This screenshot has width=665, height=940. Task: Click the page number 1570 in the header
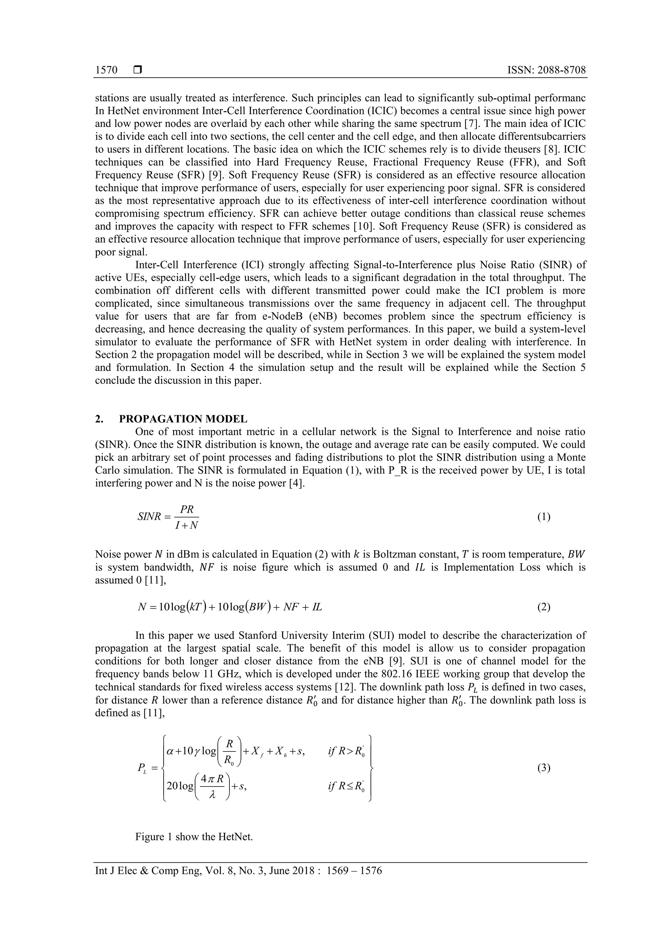[x=106, y=70]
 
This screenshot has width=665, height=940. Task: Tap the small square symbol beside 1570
[x=138, y=70]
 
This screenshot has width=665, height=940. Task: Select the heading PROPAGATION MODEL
[x=183, y=419]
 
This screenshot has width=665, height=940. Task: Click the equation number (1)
[x=544, y=517]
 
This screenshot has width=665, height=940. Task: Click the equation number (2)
[x=544, y=607]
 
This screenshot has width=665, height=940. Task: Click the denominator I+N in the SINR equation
[x=186, y=526]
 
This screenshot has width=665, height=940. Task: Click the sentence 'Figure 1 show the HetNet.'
[x=194, y=836]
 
